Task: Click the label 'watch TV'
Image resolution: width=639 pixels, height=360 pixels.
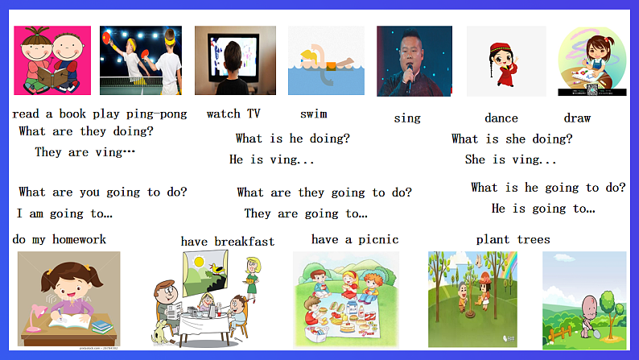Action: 233,114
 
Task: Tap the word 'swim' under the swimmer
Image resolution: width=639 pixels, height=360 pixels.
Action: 313,114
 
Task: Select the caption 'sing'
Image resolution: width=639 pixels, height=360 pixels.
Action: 407,118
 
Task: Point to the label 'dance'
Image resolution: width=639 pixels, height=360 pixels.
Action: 501,118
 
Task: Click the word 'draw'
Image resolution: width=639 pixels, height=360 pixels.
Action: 577,118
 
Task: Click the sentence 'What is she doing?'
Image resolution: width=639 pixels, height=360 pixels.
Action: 512,139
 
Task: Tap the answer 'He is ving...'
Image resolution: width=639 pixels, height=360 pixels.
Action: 272,159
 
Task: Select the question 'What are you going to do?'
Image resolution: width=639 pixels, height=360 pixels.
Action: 103,192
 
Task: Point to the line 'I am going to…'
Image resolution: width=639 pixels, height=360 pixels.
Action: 64,213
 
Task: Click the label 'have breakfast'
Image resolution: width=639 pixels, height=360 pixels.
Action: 227,241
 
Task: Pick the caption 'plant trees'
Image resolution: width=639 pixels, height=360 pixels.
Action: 513,239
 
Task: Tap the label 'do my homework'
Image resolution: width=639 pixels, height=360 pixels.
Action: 60,239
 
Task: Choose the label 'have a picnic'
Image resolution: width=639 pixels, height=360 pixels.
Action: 355,239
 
